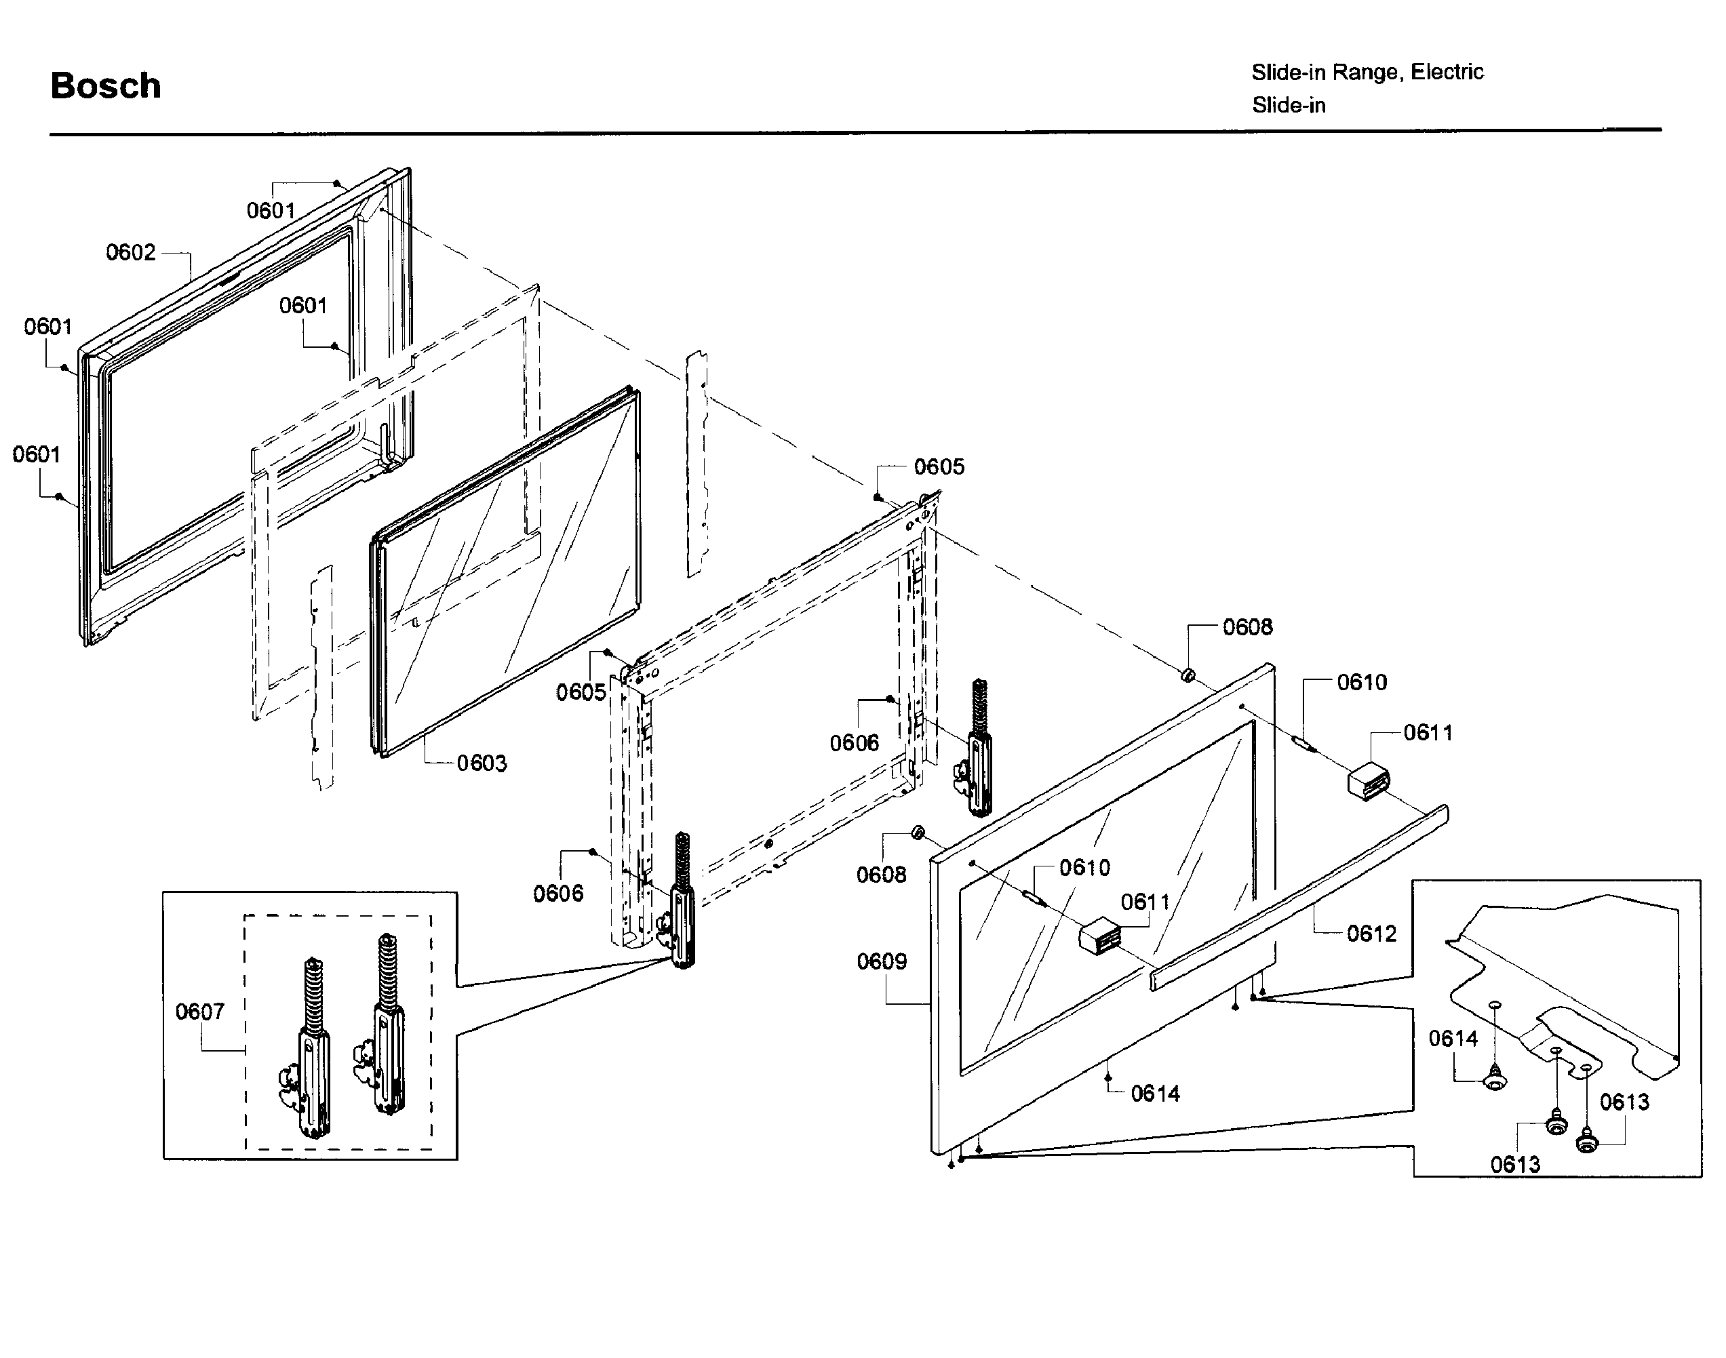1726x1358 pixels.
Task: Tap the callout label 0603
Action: pos(482,763)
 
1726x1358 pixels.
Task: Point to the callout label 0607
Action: pos(199,1012)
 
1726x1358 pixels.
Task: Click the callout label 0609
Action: pos(881,961)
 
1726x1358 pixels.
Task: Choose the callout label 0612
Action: pos(1371,933)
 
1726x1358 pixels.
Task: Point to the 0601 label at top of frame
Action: pos(271,211)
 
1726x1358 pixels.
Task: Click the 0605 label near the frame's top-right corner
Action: pos(939,466)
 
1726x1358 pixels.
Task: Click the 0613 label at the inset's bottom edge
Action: pos(1514,1165)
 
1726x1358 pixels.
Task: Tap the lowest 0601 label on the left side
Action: pos(37,454)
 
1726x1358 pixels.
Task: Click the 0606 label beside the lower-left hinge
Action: pos(557,893)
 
